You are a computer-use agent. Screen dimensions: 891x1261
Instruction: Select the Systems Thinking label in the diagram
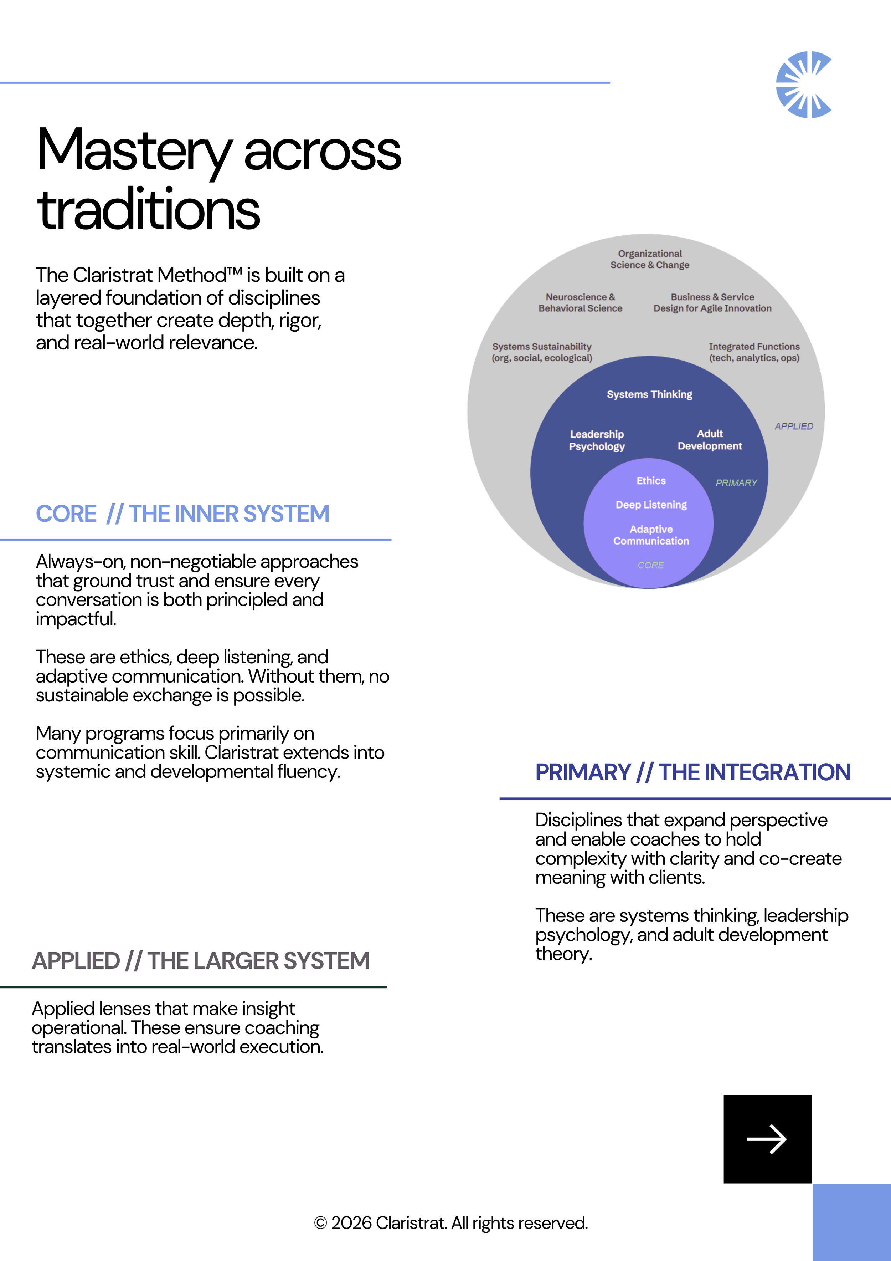[649, 394]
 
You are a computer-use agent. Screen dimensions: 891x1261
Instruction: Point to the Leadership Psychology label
[597, 440]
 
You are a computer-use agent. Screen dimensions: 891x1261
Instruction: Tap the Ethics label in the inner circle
[651, 481]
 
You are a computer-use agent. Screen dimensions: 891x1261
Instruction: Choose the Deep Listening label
[651, 505]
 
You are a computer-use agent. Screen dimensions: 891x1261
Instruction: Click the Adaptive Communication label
[651, 535]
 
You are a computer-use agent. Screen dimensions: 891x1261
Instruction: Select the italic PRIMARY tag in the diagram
[736, 483]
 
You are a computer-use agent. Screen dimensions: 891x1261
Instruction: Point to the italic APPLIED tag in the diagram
[794, 426]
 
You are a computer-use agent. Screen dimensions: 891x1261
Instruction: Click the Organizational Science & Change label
[650, 259]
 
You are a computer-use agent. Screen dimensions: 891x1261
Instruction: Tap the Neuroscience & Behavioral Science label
[580, 303]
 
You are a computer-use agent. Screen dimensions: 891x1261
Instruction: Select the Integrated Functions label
[754, 352]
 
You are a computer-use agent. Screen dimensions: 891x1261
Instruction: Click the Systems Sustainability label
[542, 352]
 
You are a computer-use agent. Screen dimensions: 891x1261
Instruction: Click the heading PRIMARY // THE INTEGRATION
[693, 772]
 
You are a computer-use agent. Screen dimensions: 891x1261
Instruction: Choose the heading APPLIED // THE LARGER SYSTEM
[200, 961]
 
